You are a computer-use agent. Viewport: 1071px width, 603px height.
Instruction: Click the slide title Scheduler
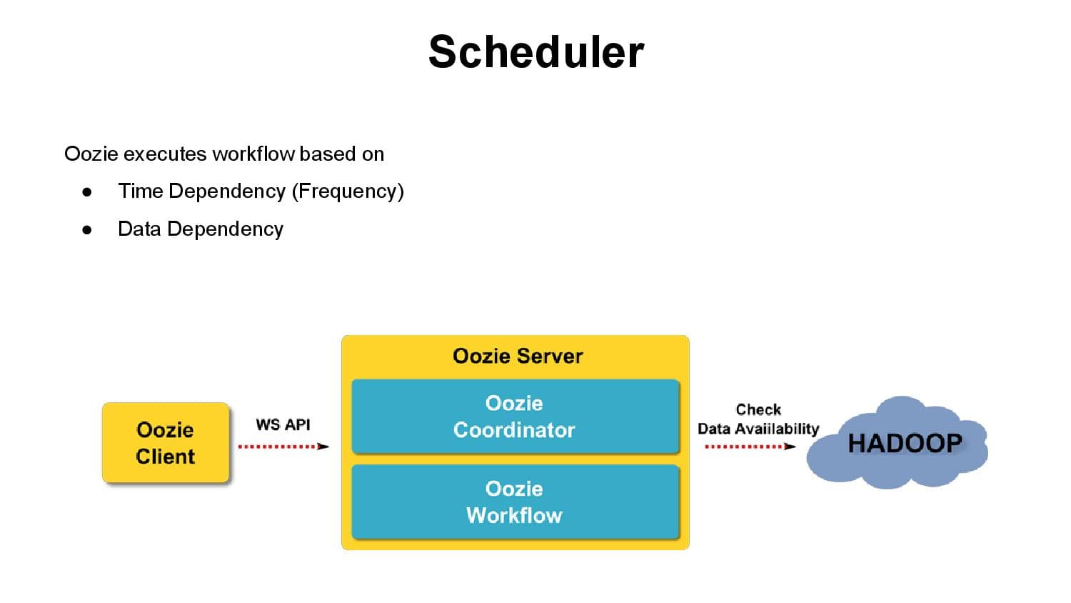[x=536, y=52]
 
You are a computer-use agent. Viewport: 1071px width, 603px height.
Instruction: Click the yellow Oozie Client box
[x=166, y=443]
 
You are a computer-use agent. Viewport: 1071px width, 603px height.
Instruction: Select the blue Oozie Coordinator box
[x=515, y=417]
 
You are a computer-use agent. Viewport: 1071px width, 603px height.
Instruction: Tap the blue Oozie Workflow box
[x=515, y=502]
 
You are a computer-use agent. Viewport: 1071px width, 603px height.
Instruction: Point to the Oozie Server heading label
[x=518, y=356]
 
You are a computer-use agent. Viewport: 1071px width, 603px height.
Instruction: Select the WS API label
[x=283, y=424]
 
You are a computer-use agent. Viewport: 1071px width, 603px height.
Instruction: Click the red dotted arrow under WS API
[x=283, y=447]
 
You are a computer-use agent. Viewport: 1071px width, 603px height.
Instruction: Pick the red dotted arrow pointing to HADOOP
[x=749, y=447]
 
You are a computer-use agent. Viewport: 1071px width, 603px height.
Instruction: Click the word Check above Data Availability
[x=758, y=409]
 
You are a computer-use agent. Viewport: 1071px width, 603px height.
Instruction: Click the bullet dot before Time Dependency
[x=87, y=192]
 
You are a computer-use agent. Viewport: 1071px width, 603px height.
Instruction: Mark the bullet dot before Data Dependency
[x=87, y=230]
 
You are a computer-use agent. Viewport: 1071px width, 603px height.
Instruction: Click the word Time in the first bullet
[x=141, y=191]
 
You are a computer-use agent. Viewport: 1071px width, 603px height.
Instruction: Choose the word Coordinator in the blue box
[x=514, y=430]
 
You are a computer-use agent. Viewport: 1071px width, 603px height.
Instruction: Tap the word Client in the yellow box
[x=166, y=457]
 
